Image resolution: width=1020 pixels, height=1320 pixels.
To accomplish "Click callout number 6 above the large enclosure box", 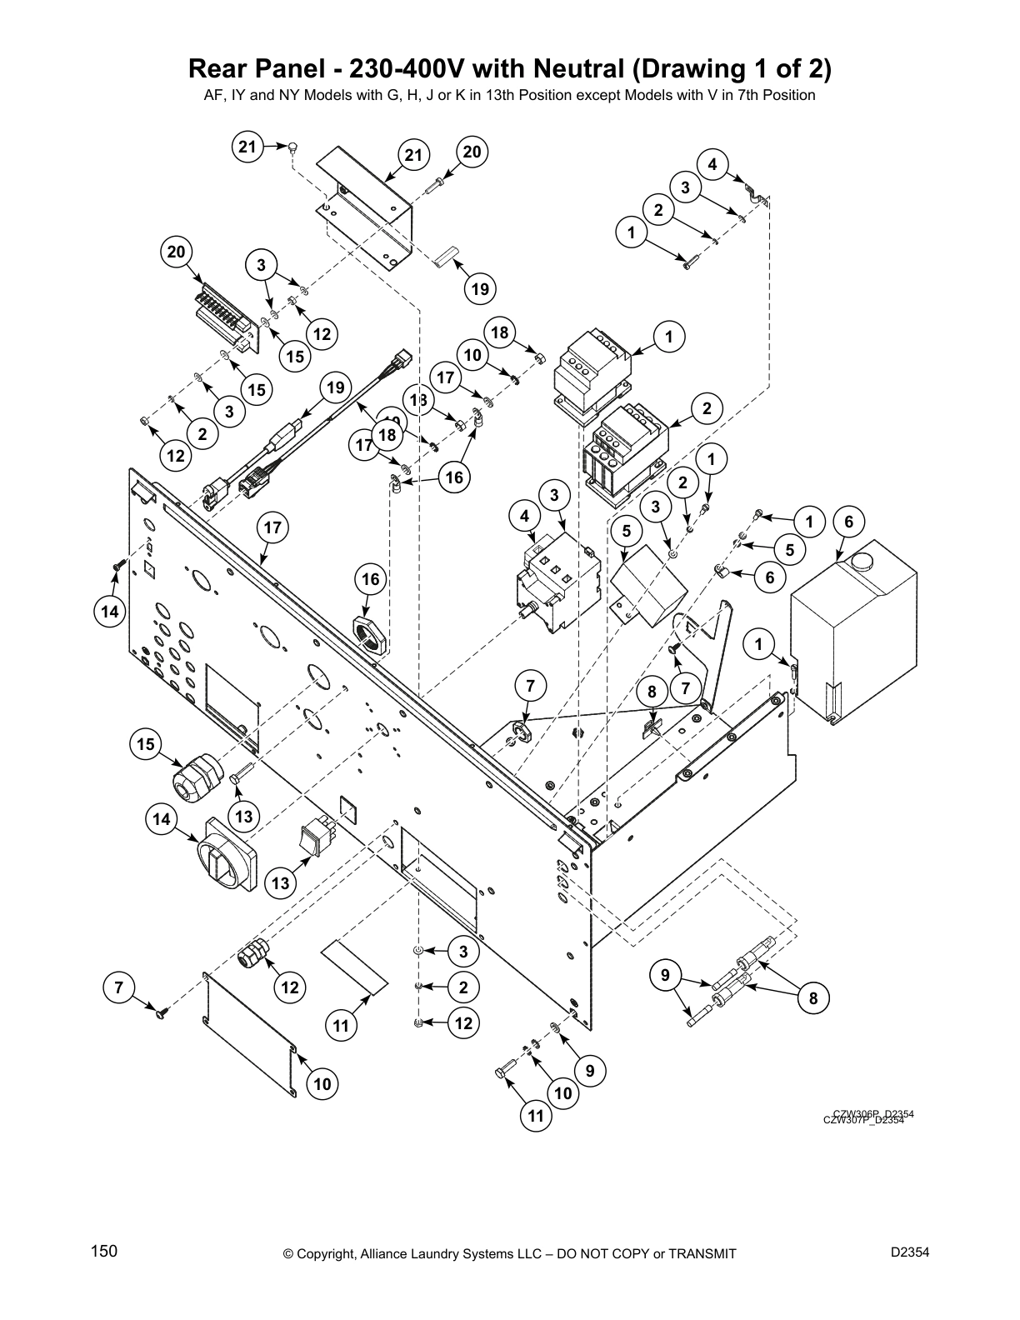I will pos(848,522).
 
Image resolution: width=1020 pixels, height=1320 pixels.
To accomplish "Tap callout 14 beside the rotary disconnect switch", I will pos(162,820).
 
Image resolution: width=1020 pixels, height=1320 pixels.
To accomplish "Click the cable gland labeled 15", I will pos(193,776).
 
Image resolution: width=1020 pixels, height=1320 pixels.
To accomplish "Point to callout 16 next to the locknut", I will pos(370,579).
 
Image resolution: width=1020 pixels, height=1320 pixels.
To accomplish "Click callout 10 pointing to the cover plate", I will pos(322,1083).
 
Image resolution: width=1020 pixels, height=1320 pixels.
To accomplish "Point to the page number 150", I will pos(104,1252).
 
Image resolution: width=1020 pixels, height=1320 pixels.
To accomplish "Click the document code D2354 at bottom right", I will pos(910,1252).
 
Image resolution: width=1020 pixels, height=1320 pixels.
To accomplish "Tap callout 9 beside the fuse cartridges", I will pos(665,974).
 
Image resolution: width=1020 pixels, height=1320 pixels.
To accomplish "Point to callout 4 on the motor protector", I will pos(524,517).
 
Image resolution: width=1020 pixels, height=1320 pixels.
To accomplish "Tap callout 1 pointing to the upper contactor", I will pos(668,337).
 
